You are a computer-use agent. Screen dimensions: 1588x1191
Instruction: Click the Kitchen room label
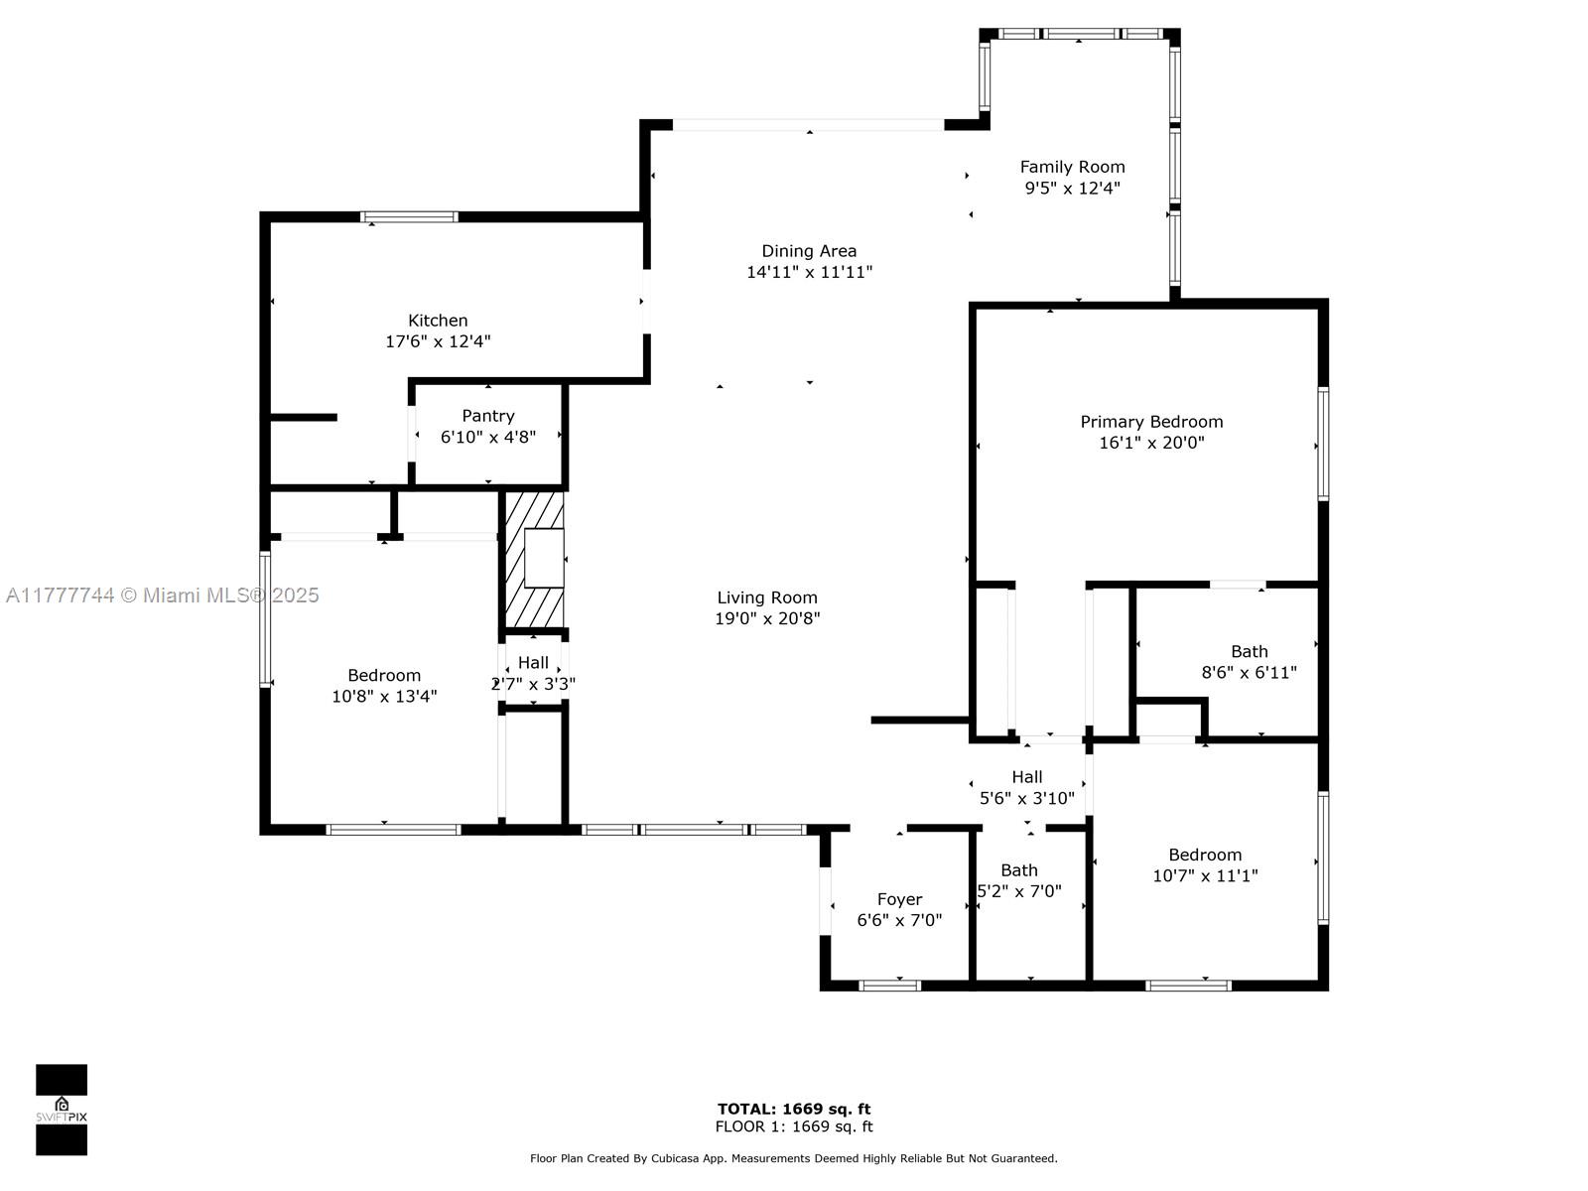[x=438, y=321]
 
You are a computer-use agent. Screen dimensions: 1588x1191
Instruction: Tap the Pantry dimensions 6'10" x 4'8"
[x=488, y=437]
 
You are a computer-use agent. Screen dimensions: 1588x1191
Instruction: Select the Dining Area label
[x=809, y=251]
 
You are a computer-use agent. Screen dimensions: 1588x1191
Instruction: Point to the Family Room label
[x=1072, y=167]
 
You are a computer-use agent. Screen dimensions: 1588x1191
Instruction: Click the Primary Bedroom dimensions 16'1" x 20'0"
[x=1151, y=443]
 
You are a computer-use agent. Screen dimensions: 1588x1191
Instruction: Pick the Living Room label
[x=767, y=597]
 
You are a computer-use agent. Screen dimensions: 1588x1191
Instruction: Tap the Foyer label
[x=899, y=899]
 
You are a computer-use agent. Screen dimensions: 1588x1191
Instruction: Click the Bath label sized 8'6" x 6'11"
[x=1250, y=651]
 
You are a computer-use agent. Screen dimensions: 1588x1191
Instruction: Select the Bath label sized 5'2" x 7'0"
[x=1019, y=870]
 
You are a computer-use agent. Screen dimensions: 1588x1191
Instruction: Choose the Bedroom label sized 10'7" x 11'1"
[x=1205, y=855]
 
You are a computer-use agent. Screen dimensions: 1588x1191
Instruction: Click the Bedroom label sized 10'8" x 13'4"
[x=384, y=676]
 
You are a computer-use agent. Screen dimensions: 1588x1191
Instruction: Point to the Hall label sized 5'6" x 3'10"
[x=1027, y=777]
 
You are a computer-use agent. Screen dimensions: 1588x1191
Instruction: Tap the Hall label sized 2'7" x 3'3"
[x=533, y=662]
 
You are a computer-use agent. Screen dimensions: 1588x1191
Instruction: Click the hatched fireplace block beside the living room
[x=534, y=560]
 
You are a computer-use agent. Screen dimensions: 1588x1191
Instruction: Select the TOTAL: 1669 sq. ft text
[x=794, y=1109]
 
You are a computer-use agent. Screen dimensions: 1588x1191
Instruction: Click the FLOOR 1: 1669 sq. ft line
[x=794, y=1125]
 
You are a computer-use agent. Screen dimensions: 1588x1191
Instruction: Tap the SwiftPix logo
[x=62, y=1110]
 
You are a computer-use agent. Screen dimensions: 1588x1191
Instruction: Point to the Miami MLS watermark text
[x=162, y=595]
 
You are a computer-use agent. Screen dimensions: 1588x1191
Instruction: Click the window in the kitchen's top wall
[x=410, y=217]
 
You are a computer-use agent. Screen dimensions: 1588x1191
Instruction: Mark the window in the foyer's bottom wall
[x=890, y=985]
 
